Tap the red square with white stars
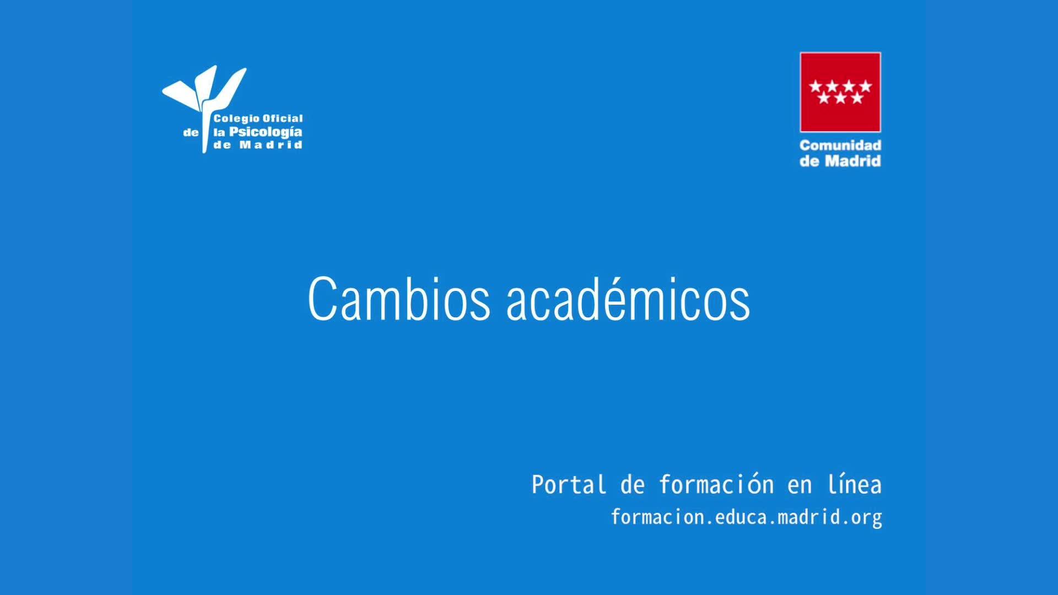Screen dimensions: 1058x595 coord(840,92)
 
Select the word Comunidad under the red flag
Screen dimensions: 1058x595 coord(840,145)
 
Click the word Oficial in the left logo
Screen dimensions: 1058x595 coord(282,118)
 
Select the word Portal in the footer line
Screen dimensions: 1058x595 coord(569,485)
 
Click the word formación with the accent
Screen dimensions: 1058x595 coord(716,485)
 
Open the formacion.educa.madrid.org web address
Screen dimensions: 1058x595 coord(747,517)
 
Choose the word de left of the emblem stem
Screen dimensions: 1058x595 coord(191,133)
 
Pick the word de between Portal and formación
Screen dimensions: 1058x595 coord(633,485)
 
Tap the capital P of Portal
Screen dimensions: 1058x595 coord(538,485)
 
